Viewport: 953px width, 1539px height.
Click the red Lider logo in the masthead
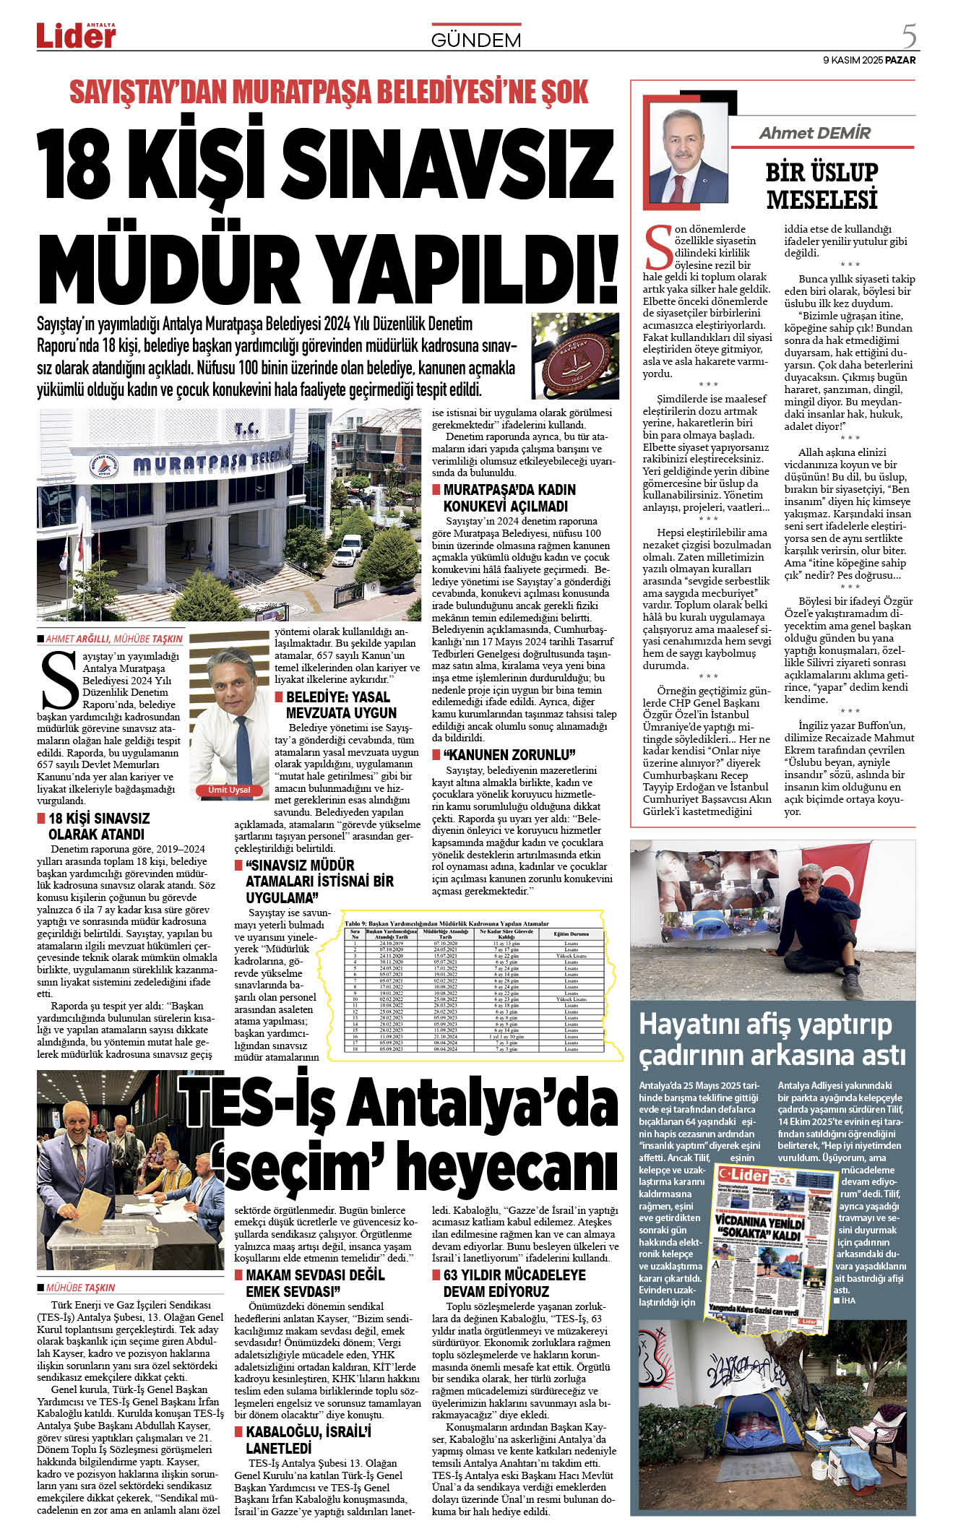tap(76, 35)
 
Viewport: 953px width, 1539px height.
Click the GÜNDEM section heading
tap(475, 40)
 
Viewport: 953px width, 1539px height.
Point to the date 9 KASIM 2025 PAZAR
tap(869, 60)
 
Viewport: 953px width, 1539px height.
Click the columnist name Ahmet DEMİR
tap(814, 133)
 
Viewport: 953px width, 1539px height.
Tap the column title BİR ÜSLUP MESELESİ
tap(822, 186)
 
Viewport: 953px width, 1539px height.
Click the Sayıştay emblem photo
tap(575, 355)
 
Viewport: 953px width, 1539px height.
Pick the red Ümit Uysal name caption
tap(229, 790)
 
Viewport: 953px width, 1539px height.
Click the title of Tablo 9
tap(447, 923)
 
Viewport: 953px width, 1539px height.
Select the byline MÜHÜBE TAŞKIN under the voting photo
tap(79, 1288)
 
